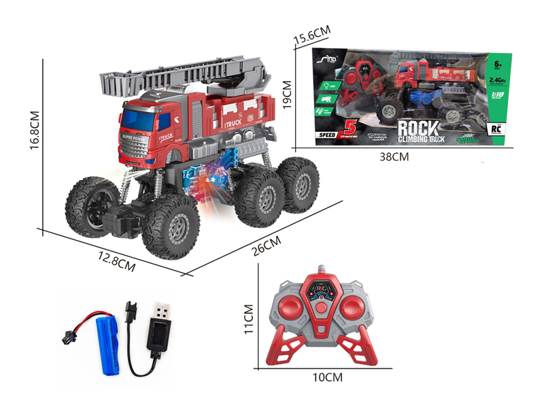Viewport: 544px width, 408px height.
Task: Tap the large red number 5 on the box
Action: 351,126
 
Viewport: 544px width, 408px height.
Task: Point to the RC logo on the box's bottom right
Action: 494,128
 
